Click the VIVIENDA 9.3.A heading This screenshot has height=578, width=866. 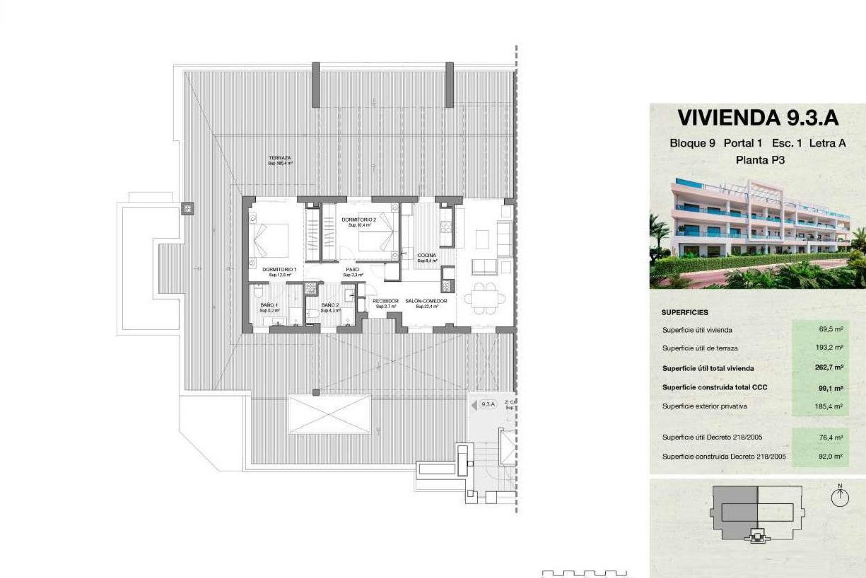click(x=758, y=118)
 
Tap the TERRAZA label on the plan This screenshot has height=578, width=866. click(x=280, y=158)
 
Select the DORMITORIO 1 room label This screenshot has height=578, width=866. click(x=280, y=270)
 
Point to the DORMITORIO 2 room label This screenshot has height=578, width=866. click(x=359, y=220)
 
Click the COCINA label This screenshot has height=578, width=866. click(x=426, y=256)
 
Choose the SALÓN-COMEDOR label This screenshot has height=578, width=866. click(x=426, y=301)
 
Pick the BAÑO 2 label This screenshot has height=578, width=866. click(x=330, y=305)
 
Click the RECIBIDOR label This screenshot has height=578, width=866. click(x=386, y=301)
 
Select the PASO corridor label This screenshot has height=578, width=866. click(x=353, y=270)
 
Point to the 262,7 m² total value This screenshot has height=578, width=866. click(x=829, y=368)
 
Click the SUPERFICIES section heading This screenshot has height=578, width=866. click(x=685, y=312)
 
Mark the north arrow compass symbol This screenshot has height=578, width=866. click(x=840, y=497)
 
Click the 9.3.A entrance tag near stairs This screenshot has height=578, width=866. click(x=488, y=405)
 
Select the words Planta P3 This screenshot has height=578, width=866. click(x=760, y=160)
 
